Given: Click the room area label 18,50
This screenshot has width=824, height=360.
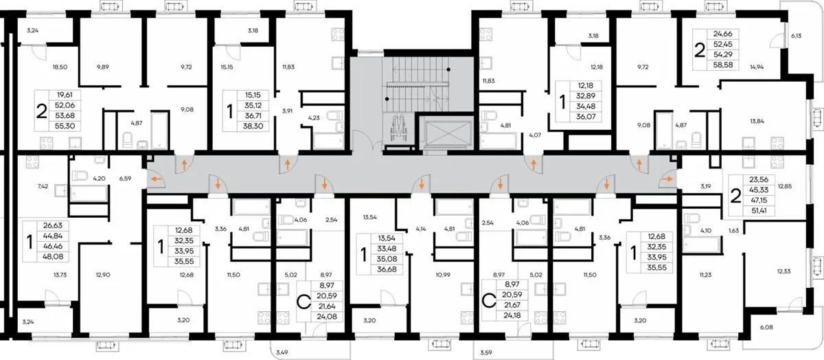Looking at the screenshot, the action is coord(60,67).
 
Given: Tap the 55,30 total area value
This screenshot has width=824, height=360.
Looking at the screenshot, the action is coord(65,126).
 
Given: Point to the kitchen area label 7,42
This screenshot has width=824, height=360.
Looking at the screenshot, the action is coord(43,186).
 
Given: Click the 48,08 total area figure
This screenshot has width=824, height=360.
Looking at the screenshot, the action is coord(53,256).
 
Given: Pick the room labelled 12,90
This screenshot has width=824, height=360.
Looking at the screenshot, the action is coord(103,275).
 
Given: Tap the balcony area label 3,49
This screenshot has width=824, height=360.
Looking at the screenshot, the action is coord(282,352).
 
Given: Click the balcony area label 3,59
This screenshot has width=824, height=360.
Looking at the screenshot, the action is coord(486,352).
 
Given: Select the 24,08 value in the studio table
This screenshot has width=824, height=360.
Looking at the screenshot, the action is coord(327,317).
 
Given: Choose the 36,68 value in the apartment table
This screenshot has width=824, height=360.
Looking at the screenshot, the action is coord(387,269).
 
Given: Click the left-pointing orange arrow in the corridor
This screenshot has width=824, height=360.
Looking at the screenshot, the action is coord(157,179).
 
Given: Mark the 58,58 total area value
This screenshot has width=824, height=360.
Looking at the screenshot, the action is coord(722,65).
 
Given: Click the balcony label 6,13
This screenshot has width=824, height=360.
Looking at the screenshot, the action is coord(796,36).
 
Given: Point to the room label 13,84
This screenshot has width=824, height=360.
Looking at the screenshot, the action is coord(757,121).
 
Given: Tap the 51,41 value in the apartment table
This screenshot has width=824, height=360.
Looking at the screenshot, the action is coord(759,211).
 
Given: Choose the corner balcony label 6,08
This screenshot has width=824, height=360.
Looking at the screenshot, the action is coord(766,327).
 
